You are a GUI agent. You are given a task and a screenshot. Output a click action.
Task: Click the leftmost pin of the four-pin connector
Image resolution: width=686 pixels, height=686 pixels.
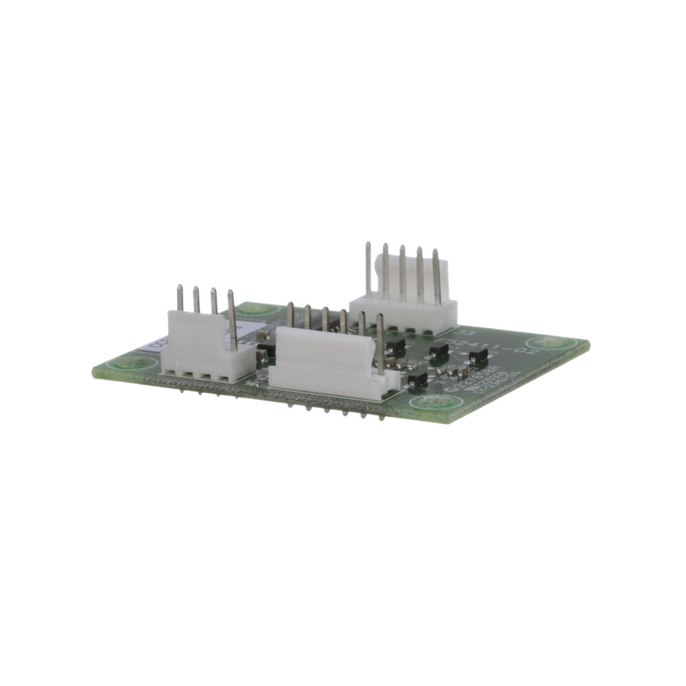(180, 298)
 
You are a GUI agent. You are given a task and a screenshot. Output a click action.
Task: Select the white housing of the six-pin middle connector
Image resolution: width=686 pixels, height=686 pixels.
(322, 364)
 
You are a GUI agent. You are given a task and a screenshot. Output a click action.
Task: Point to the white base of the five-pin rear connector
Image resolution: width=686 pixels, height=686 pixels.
(405, 315)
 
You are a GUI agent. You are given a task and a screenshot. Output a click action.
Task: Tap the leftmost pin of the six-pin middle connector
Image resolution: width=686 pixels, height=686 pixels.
(291, 315)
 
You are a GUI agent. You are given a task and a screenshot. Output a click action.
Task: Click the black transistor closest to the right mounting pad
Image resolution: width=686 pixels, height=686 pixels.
(478, 353)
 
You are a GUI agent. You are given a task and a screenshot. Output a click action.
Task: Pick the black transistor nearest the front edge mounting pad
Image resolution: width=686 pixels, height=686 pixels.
(416, 377)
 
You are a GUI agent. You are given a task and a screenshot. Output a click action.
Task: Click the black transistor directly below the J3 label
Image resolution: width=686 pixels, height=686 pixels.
(437, 350)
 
